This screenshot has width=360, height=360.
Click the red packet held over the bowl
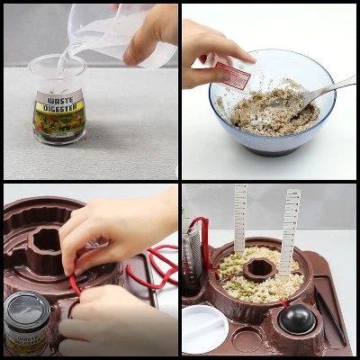pos(232,74)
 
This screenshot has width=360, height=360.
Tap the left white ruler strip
pos(240,216)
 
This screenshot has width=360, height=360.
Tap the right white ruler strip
pos(290,229)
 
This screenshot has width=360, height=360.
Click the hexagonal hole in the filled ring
pos(260,269)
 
